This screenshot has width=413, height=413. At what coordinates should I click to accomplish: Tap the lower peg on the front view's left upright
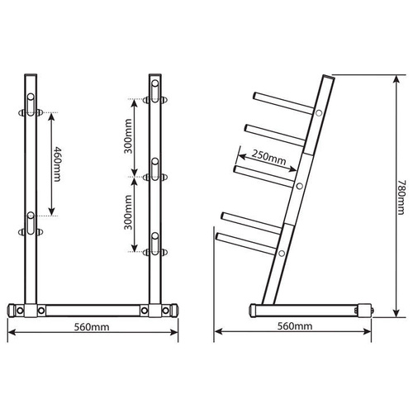coord(31,223)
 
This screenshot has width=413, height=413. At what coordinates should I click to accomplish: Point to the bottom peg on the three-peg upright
coord(154,244)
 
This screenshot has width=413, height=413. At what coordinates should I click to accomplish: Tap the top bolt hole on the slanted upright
coord(319,112)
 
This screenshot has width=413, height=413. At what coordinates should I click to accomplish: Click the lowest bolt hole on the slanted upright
coord(282,252)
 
